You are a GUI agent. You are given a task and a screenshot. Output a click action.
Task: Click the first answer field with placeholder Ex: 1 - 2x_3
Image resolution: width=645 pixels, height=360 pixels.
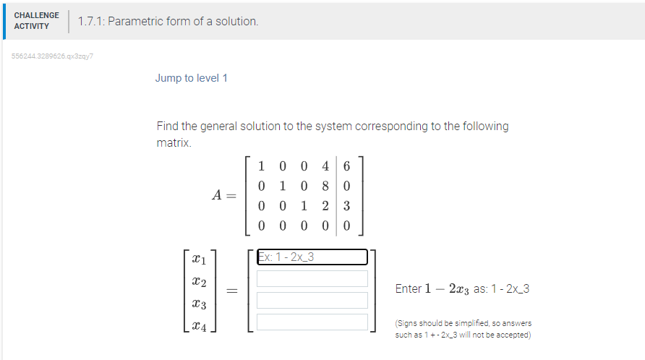pyautogui.click(x=312, y=257)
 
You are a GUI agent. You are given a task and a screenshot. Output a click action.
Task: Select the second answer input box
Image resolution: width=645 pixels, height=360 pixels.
pyautogui.click(x=312, y=278)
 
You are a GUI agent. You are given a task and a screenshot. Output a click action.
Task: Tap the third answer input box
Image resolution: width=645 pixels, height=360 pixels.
pyautogui.click(x=312, y=300)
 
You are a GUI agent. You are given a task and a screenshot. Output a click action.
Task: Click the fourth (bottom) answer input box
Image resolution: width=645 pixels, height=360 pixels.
pyautogui.click(x=312, y=322)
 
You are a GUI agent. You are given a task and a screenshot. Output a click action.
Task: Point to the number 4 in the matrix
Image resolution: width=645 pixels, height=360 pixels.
pyautogui.click(x=325, y=165)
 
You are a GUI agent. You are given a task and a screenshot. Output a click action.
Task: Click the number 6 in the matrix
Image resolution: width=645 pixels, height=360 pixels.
pyautogui.click(x=347, y=165)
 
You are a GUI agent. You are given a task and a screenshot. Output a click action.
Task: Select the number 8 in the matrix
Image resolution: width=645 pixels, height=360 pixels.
pyautogui.click(x=325, y=185)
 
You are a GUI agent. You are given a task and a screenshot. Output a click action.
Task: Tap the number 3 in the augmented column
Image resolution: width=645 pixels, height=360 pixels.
pyautogui.click(x=347, y=205)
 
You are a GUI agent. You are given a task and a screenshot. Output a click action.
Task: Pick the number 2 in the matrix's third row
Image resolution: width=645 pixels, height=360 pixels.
pyautogui.click(x=325, y=205)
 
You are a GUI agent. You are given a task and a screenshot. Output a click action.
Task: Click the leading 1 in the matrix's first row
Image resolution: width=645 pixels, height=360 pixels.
pyautogui.click(x=261, y=165)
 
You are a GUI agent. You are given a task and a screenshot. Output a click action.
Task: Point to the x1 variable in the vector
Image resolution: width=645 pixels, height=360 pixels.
pyautogui.click(x=199, y=258)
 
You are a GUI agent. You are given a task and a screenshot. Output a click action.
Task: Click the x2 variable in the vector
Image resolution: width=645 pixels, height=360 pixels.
pyautogui.click(x=199, y=281)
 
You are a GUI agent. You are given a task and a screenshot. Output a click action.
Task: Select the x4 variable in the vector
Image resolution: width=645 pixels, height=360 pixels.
pyautogui.click(x=199, y=327)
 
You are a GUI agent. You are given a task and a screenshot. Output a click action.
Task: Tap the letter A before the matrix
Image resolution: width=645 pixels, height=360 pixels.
pyautogui.click(x=217, y=195)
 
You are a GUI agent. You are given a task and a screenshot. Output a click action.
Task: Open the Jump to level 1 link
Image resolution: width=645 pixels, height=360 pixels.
pyautogui.click(x=191, y=78)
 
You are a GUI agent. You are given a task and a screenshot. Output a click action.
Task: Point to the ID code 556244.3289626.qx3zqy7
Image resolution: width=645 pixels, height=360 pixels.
pyautogui.click(x=53, y=56)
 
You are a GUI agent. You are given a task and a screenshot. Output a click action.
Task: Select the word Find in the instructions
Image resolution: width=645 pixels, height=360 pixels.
pyautogui.click(x=168, y=127)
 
